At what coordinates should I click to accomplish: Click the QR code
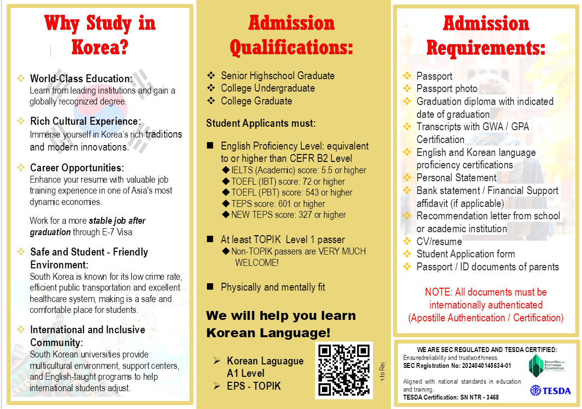344,370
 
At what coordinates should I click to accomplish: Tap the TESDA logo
550,391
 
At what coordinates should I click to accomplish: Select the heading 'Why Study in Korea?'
100,36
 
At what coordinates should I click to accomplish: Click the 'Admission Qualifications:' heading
291,36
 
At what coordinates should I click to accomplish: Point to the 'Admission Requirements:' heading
485,36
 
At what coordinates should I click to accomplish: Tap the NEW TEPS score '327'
306,215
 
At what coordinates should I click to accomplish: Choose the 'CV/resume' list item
439,242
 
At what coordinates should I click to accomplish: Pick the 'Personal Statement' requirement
456,178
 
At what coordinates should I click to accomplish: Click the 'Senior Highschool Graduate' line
277,76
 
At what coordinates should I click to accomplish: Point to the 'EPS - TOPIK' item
254,386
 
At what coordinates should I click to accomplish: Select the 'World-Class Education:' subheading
81,79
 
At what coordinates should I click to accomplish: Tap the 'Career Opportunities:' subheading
77,168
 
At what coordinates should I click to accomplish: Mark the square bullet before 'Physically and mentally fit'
210,287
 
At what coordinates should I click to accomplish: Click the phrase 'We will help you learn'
281,316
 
